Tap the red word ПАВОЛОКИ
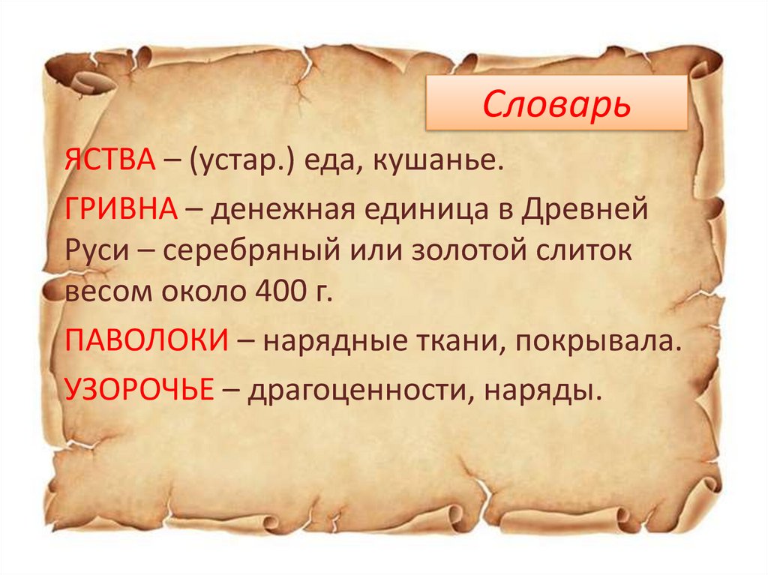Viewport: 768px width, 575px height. [x=145, y=342]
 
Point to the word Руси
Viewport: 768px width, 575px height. [x=95, y=251]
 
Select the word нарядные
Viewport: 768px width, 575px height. [x=337, y=342]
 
